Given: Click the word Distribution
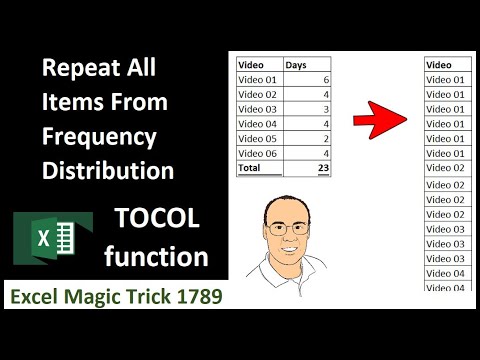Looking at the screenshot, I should coord(107,170).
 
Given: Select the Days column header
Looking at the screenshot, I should coord(297,65).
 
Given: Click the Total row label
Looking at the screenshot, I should coord(249,169).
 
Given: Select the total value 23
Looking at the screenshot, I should coord(322,169).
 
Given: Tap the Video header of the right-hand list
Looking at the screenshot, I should coord(439,65).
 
